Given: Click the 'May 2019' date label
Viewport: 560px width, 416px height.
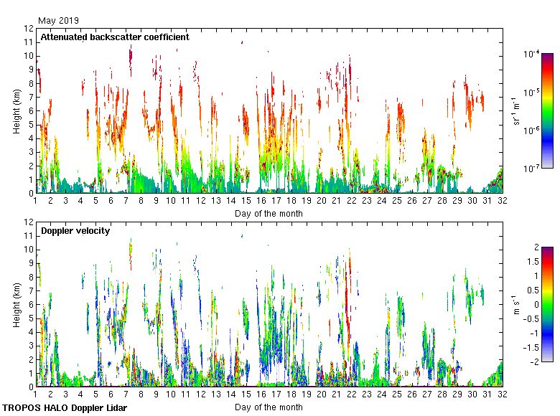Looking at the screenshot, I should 60,21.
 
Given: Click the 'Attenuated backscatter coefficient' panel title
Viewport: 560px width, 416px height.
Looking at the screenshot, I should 115,37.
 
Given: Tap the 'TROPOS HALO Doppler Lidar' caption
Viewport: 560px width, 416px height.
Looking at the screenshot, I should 65,407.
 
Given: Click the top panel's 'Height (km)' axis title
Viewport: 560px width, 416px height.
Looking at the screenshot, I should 17,110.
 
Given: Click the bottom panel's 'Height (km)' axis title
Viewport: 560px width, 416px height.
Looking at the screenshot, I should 17,304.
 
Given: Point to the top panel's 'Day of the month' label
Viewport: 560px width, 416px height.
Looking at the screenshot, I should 269,213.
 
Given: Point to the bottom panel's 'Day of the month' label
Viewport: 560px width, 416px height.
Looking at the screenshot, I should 269,407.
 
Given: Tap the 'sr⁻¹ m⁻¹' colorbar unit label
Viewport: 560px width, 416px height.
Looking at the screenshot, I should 516,111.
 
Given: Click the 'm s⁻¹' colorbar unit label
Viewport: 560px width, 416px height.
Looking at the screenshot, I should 516,304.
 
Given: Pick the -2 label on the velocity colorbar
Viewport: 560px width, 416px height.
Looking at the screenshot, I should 534,361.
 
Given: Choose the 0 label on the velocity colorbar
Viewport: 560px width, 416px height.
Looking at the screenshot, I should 536,304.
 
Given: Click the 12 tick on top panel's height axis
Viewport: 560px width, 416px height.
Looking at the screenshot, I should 29,29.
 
